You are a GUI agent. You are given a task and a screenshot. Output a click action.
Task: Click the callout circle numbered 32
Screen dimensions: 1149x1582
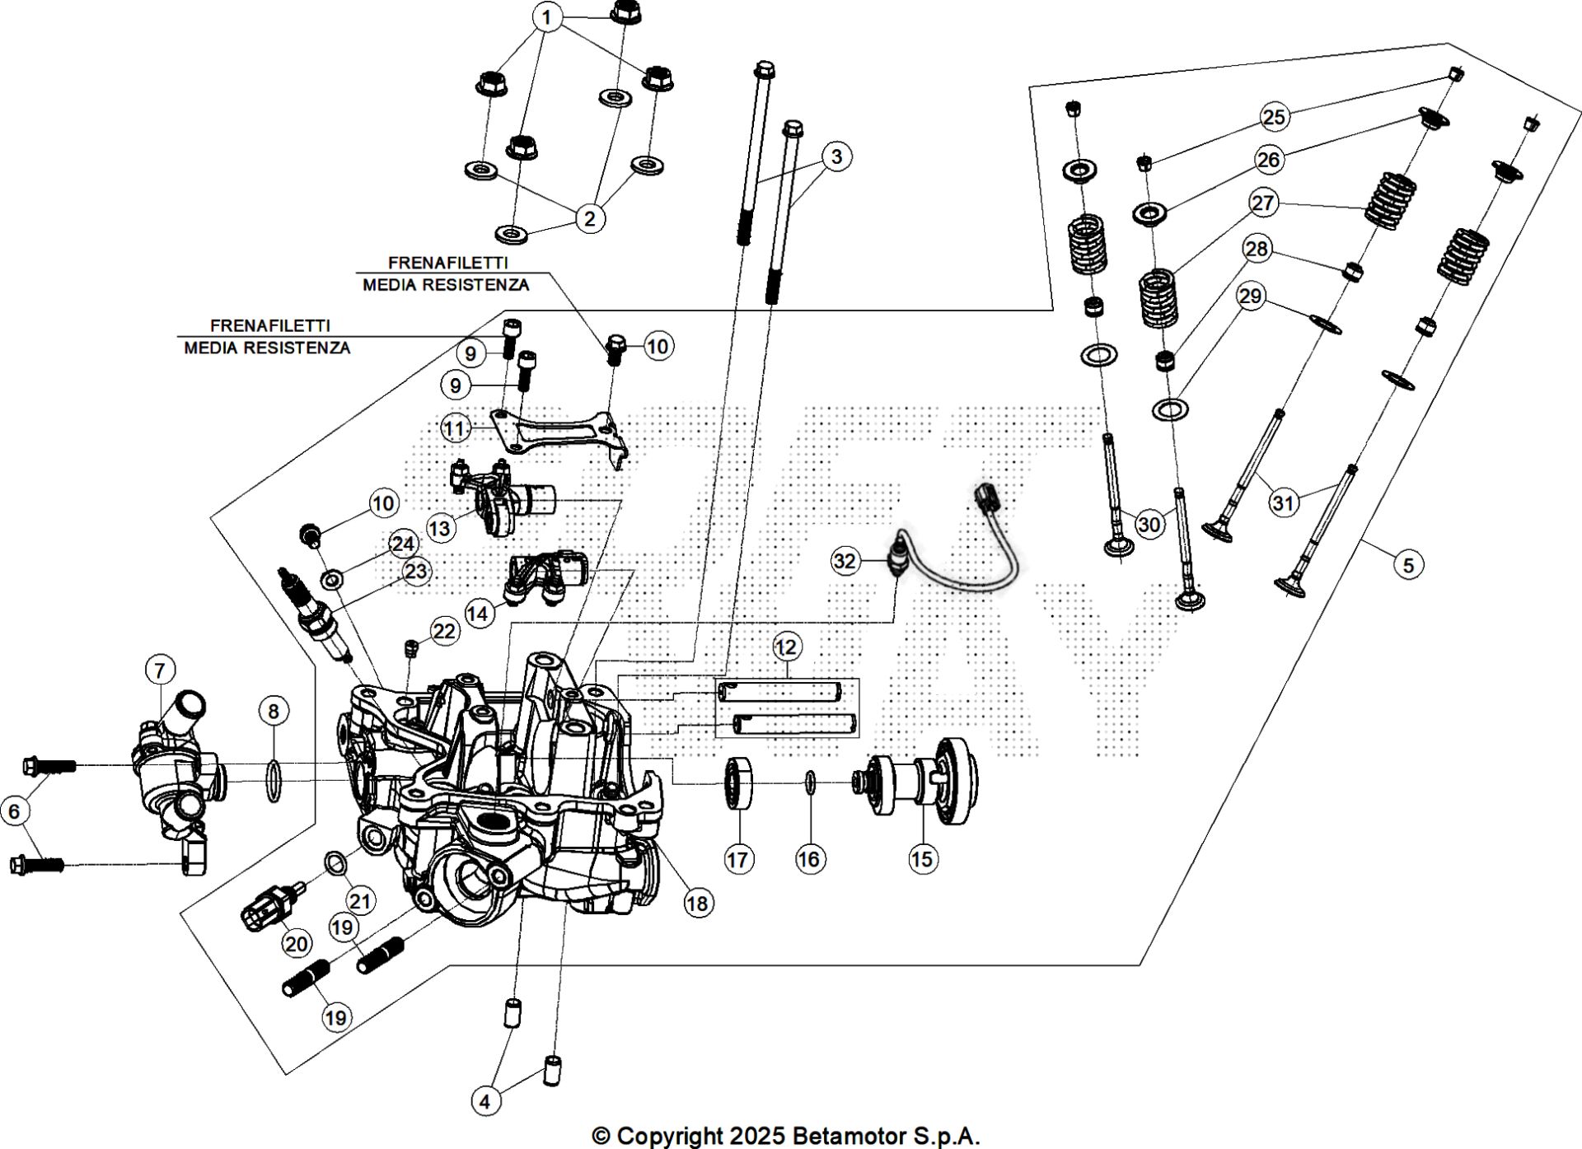(x=845, y=561)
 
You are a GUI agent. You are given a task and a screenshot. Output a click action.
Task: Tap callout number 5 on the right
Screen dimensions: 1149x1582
(x=1408, y=565)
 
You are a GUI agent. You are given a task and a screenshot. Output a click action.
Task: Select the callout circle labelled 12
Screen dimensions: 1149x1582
(x=786, y=647)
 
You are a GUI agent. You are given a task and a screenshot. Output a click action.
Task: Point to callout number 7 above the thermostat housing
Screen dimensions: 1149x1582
(x=160, y=670)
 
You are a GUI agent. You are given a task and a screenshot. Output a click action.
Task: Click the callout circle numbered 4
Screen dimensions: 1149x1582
(x=485, y=1101)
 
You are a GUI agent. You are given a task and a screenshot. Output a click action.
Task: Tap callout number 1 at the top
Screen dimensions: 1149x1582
(x=547, y=16)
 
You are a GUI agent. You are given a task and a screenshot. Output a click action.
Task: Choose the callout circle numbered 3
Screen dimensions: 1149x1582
(x=836, y=156)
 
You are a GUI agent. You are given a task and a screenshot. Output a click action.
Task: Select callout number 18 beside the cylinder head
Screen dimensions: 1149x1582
(x=697, y=903)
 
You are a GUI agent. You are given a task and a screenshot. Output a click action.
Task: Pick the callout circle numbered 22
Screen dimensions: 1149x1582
(x=444, y=632)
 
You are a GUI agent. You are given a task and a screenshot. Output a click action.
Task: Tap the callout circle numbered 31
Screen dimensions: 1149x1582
(x=1283, y=502)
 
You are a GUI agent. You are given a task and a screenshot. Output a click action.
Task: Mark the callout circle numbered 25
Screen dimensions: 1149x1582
(x=1274, y=117)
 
